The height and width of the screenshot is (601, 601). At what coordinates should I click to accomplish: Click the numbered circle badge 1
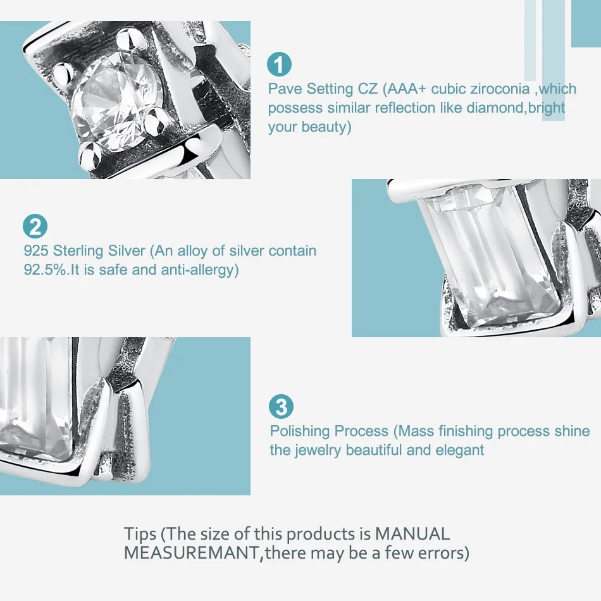[x=279, y=64]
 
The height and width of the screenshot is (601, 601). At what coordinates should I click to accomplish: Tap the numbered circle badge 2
[x=35, y=226]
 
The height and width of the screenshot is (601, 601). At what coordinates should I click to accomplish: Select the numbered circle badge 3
[x=282, y=407]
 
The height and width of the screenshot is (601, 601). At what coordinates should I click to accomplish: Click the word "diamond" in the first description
[x=495, y=108]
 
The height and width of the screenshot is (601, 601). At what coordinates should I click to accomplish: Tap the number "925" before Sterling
[x=36, y=251]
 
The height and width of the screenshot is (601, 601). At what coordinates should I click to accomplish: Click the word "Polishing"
[x=300, y=431]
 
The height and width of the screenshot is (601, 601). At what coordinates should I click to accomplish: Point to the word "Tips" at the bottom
[x=140, y=535]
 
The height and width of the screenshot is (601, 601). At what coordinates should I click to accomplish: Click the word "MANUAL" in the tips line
[x=412, y=534]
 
